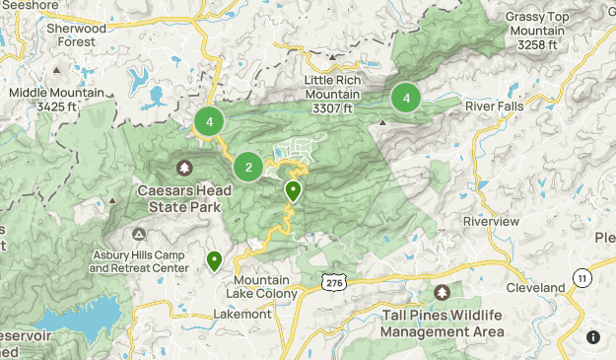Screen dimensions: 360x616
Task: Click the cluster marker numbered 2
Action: click(x=248, y=167)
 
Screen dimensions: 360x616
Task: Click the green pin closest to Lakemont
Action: click(x=214, y=260)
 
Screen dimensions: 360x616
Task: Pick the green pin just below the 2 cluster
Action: click(x=293, y=190)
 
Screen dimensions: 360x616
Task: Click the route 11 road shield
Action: click(x=583, y=278)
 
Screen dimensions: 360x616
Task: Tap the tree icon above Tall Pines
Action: click(x=442, y=292)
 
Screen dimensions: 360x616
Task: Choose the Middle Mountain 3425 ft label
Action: click(x=42, y=99)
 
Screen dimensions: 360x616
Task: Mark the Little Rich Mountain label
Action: click(x=331, y=88)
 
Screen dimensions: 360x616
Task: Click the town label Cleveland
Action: click(x=535, y=287)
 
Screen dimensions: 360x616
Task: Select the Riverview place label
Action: click(x=491, y=222)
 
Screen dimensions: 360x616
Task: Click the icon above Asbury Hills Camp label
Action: click(x=139, y=234)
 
